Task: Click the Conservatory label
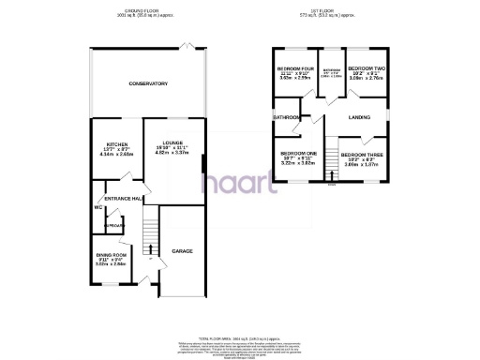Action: click(x=148, y=84)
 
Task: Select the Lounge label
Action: click(x=172, y=143)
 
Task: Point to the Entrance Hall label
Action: click(x=123, y=199)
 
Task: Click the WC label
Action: click(x=97, y=208)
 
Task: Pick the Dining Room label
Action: click(x=112, y=255)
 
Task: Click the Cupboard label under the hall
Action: click(x=113, y=226)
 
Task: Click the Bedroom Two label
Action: click(x=363, y=68)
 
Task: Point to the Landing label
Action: click(x=359, y=117)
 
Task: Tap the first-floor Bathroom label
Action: click(x=285, y=116)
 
